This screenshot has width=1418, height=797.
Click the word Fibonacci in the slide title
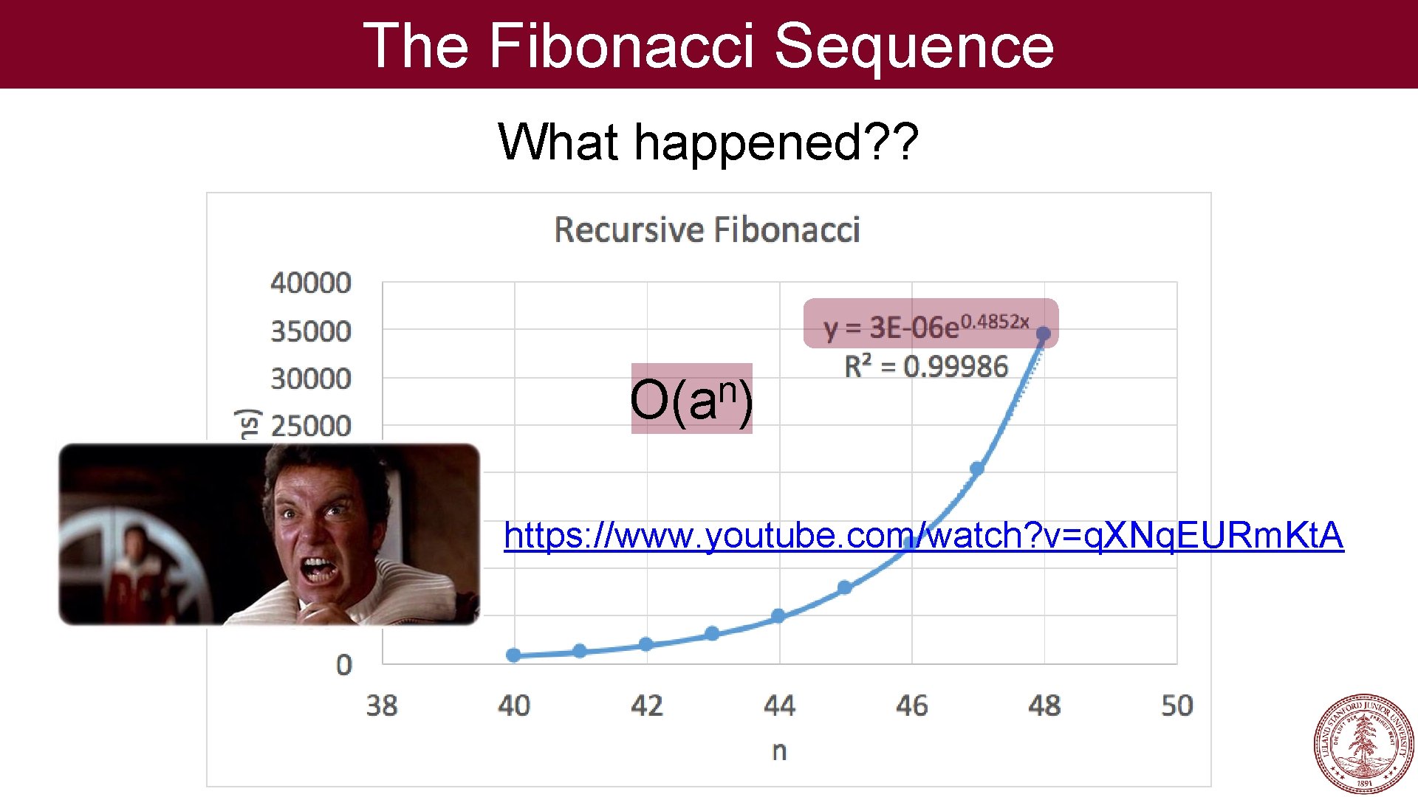click(620, 46)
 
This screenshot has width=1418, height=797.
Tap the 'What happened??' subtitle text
click(708, 142)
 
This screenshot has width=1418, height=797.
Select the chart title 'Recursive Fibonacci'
click(707, 230)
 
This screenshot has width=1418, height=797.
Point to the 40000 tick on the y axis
click(311, 283)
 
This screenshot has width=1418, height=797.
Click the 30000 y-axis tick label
click(311, 379)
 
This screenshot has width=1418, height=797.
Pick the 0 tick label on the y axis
click(344, 665)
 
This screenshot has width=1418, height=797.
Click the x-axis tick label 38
click(382, 705)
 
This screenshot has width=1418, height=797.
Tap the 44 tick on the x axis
click(779, 705)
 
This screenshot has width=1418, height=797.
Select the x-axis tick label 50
click(1176, 705)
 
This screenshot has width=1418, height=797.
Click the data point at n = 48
click(1044, 334)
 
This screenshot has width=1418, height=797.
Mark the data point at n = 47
click(977, 469)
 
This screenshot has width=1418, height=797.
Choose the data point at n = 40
click(514, 655)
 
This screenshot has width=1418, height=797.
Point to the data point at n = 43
click(712, 633)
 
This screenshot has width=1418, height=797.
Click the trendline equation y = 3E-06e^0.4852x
click(926, 325)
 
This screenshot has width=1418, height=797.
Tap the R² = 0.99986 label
click(926, 366)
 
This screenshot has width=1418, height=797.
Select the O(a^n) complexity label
click(691, 399)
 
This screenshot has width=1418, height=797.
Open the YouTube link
click(923, 535)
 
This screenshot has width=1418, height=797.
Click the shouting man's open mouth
click(319, 570)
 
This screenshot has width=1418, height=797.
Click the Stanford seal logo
click(1363, 743)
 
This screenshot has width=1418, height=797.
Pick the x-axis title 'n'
click(779, 751)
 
